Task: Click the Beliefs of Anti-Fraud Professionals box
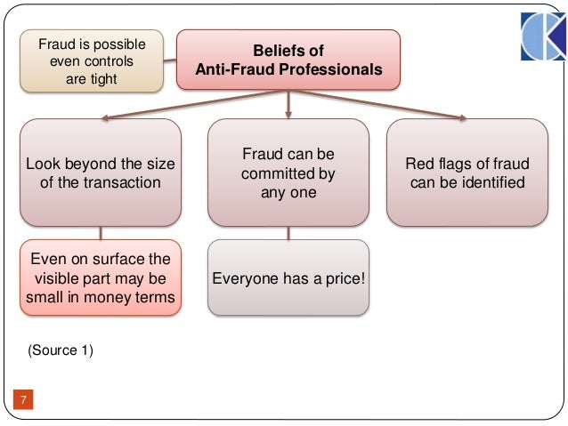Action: [288, 60]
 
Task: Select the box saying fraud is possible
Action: [92, 61]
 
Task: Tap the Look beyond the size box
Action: [100, 173]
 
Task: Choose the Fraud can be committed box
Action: [288, 173]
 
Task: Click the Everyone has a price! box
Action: [288, 277]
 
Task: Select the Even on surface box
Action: [100, 277]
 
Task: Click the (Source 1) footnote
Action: [61, 350]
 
